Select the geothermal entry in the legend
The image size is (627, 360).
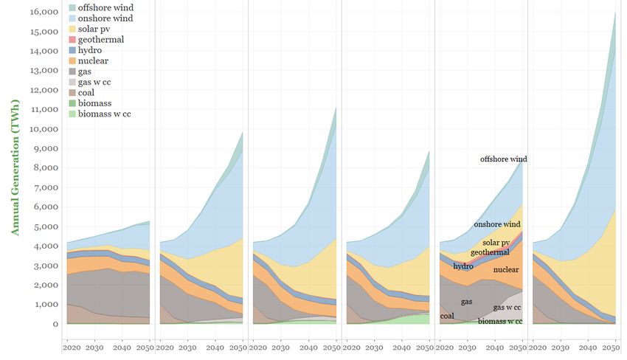click(104, 39)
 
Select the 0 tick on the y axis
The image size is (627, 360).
click(55, 324)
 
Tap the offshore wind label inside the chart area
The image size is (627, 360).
click(504, 159)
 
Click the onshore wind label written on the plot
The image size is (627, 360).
click(497, 224)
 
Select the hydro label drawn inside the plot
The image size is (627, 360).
click(463, 266)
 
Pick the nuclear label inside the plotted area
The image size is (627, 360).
click(507, 270)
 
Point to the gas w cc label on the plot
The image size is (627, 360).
click(508, 306)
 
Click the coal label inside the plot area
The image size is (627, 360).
click(448, 316)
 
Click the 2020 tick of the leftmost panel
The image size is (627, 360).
click(73, 347)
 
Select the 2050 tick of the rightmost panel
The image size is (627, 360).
click(612, 347)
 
